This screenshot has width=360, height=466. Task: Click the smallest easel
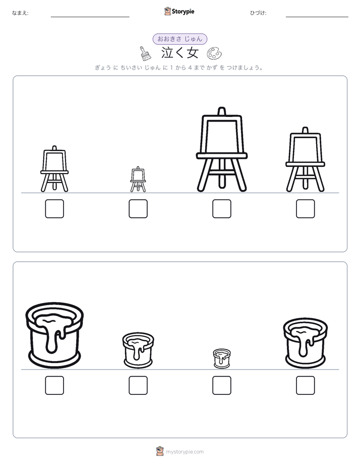[x=138, y=179]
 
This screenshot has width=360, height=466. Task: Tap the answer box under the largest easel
[x=221, y=209]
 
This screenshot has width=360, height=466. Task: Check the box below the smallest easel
[x=138, y=209]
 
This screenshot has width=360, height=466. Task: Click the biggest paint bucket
[x=54, y=335]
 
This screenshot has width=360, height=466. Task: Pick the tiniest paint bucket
[x=222, y=359]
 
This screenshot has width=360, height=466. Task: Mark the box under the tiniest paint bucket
[x=221, y=385]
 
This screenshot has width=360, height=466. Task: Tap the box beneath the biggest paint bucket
[x=54, y=385]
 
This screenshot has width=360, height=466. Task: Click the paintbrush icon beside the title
[x=145, y=53]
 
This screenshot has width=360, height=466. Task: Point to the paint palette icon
[x=214, y=53]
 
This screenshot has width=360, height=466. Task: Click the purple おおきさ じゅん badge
[x=179, y=39]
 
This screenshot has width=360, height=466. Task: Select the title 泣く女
[x=179, y=53]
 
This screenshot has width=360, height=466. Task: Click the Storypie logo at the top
[x=179, y=12]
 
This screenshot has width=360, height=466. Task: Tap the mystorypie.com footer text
[x=185, y=452]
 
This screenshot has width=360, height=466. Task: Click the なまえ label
[x=20, y=13]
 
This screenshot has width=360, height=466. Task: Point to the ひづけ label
[x=258, y=13]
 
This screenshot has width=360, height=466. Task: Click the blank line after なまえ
[x=90, y=17]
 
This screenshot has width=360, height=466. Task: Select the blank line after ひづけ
[x=317, y=17]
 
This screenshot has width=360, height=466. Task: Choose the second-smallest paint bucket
[x=138, y=350]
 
